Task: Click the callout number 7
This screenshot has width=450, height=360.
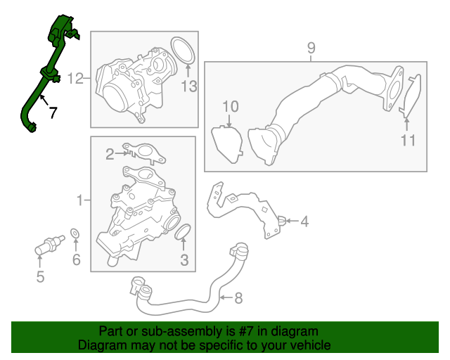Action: point(53,112)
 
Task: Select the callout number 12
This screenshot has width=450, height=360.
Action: point(75,78)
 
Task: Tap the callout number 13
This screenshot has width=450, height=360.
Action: point(189,86)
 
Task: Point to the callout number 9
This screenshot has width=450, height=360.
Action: point(311,48)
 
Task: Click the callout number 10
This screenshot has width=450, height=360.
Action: point(231,106)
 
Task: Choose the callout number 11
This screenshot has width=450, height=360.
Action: point(408,141)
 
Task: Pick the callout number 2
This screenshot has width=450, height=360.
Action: point(110,154)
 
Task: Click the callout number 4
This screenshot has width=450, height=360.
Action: point(304,221)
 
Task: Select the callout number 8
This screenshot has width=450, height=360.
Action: point(238,298)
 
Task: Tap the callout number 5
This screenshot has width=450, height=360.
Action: point(40,277)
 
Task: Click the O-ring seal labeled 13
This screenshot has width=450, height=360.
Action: point(183,51)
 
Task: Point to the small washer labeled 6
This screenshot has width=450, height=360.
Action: point(75,233)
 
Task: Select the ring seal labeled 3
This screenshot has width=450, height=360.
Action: point(183,231)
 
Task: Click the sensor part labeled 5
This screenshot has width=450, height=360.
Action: point(49,245)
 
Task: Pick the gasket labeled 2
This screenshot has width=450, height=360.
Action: point(144,153)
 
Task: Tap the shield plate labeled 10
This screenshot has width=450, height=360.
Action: point(227,144)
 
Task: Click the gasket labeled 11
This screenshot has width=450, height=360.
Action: point(411,96)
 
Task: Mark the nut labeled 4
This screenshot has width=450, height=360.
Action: point(282,221)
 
